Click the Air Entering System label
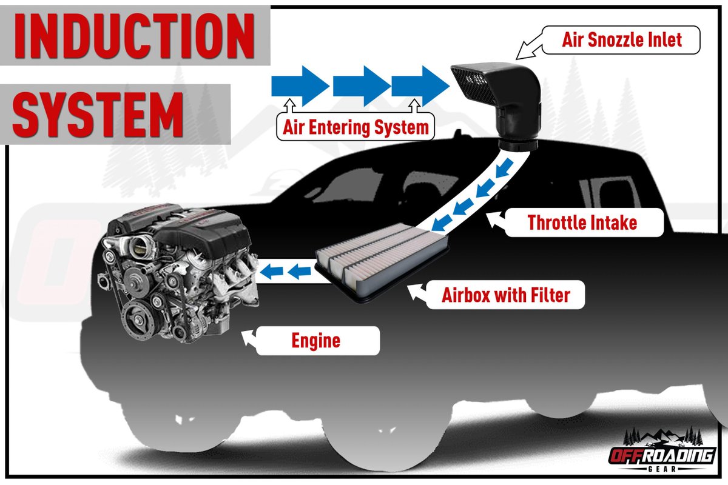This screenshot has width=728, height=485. pos(356,127)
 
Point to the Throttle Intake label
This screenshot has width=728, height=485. pos(582,222)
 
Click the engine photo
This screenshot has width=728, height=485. pos(179,273)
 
